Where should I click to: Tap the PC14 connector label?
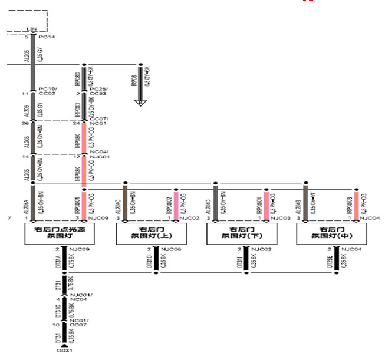[47, 37]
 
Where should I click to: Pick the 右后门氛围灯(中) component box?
[334, 233]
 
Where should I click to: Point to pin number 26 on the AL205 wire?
[25, 124]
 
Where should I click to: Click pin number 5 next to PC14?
[27, 37]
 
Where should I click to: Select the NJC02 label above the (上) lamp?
[189, 219]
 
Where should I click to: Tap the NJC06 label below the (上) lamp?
[169, 250]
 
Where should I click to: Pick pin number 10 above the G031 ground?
[57, 325]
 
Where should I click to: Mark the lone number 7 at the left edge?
[5, 219]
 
